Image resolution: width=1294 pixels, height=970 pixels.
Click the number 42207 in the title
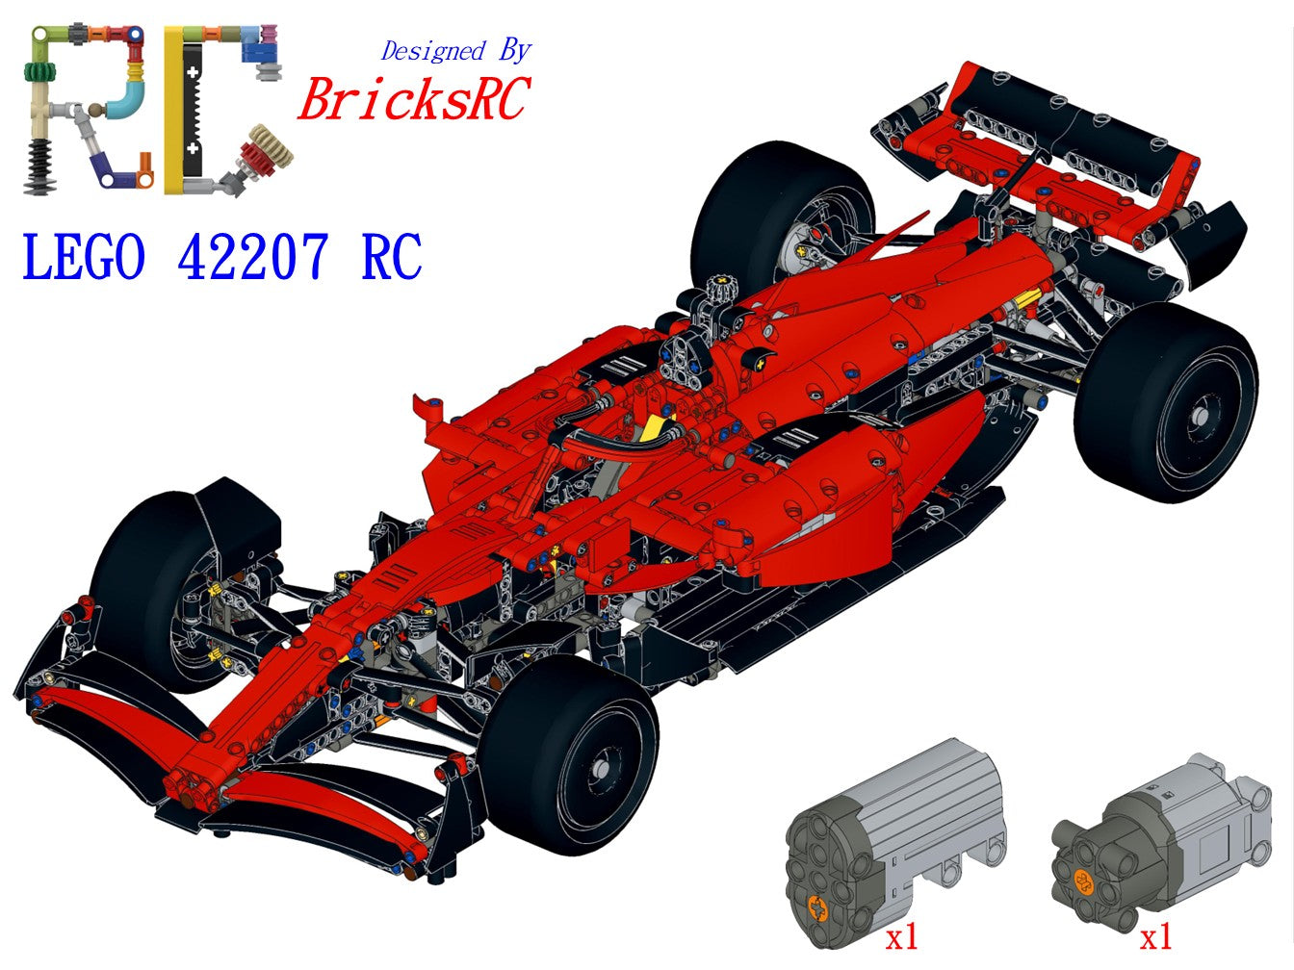(x=252, y=257)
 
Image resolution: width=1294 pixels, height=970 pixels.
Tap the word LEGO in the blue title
(x=84, y=257)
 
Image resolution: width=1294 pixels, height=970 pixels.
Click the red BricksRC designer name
(x=414, y=99)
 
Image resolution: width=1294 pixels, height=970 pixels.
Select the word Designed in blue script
(x=432, y=51)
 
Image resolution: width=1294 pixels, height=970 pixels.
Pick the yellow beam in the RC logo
(x=173, y=111)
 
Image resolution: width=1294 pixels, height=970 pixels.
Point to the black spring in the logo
(x=40, y=166)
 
